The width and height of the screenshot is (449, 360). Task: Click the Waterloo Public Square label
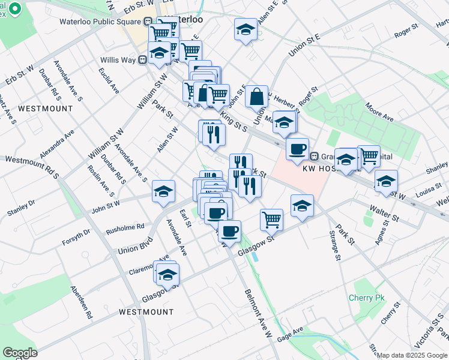(x=96, y=22)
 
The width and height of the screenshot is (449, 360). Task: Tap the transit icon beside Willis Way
(x=143, y=59)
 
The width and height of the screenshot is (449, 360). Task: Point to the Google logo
(x=20, y=352)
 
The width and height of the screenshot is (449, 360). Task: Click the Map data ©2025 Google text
(x=412, y=355)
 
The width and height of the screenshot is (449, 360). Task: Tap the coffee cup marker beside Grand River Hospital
(x=297, y=148)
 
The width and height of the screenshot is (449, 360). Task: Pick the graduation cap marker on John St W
(x=163, y=191)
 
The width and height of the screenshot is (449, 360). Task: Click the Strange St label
(x=337, y=248)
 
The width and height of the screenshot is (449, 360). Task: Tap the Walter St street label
(x=385, y=212)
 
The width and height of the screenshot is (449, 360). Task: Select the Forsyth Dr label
(x=76, y=237)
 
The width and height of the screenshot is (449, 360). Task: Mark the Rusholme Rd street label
(x=125, y=227)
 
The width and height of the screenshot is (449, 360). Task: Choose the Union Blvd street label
(x=136, y=247)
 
